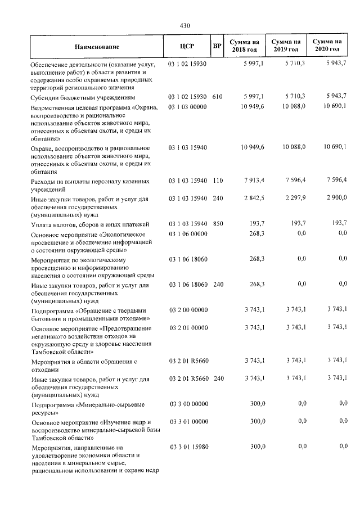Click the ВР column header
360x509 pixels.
click(217, 46)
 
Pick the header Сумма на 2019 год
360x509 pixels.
click(286, 46)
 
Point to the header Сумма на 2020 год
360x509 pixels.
click(327, 46)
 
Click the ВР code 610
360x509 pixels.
click(218, 97)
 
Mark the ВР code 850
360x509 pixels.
click(218, 224)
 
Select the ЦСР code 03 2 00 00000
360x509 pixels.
click(188, 309)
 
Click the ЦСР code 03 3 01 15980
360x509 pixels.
click(188, 447)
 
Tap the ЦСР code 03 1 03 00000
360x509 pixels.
click(188, 106)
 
